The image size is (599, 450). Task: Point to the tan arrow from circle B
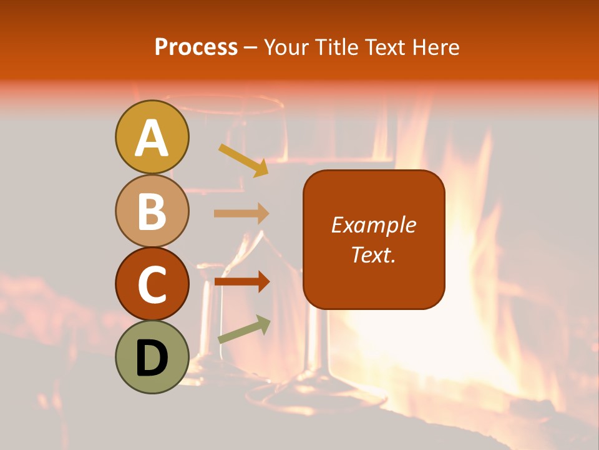click(241, 213)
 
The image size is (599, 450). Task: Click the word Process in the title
click(196, 47)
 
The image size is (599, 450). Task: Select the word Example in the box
click(373, 225)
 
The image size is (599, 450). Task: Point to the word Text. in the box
click(373, 254)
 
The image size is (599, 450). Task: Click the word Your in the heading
click(287, 47)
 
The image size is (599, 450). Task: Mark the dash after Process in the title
click(251, 47)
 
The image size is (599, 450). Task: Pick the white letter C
click(152, 284)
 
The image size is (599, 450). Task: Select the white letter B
click(152, 211)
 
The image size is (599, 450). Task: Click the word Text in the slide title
click(384, 47)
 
